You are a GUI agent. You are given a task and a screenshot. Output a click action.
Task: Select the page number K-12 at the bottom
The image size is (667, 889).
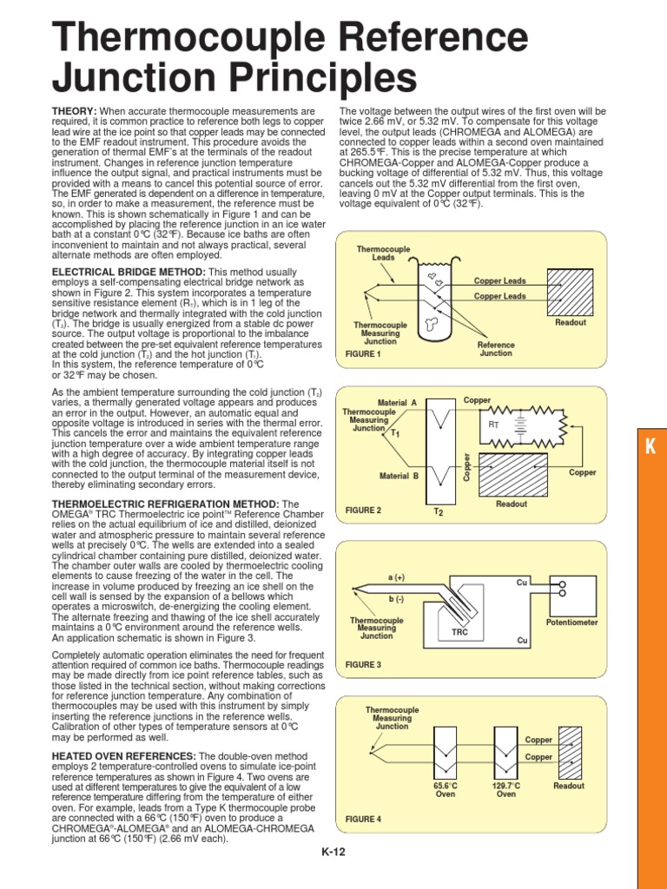[333, 853]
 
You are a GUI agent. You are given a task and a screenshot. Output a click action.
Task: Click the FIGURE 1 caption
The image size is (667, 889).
[363, 354]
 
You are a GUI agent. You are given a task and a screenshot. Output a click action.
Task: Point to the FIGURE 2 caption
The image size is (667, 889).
[363, 510]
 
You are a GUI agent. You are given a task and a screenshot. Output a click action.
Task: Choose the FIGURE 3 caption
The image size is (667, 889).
[363, 663]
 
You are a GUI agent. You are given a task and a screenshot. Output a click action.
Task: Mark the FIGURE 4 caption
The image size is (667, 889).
[363, 819]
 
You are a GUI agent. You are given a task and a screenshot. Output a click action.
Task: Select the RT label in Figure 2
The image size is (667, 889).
[493, 425]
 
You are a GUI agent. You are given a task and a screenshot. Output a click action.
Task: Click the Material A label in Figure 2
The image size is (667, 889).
[398, 403]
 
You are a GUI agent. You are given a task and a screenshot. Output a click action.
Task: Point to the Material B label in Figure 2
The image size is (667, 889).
[399, 476]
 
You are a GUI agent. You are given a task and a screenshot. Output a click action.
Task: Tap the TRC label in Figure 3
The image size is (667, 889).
[459, 633]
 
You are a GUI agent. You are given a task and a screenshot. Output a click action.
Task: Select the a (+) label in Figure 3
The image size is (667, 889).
[396, 577]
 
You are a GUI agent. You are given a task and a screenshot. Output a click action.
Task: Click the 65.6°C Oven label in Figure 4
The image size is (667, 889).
[445, 789]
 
